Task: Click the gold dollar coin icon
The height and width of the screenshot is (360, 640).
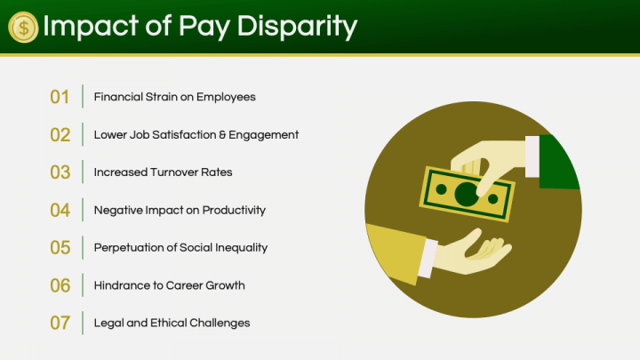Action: tap(23, 27)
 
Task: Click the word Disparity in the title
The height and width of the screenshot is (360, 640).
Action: tap(298, 27)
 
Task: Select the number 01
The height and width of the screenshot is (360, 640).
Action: tap(60, 97)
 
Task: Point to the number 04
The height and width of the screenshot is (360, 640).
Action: tap(60, 211)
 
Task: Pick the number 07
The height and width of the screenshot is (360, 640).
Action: tap(60, 324)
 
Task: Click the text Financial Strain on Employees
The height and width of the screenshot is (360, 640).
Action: tap(174, 97)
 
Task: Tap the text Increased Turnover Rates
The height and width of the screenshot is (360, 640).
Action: tap(163, 172)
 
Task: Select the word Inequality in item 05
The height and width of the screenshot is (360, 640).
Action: tap(238, 248)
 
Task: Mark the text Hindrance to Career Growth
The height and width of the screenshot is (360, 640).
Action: tap(169, 285)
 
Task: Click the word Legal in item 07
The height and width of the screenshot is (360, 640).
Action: tap(108, 324)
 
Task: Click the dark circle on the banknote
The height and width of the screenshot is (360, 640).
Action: tap(464, 193)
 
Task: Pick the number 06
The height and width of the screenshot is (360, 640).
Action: tap(60, 286)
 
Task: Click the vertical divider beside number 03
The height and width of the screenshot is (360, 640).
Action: tap(83, 172)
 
